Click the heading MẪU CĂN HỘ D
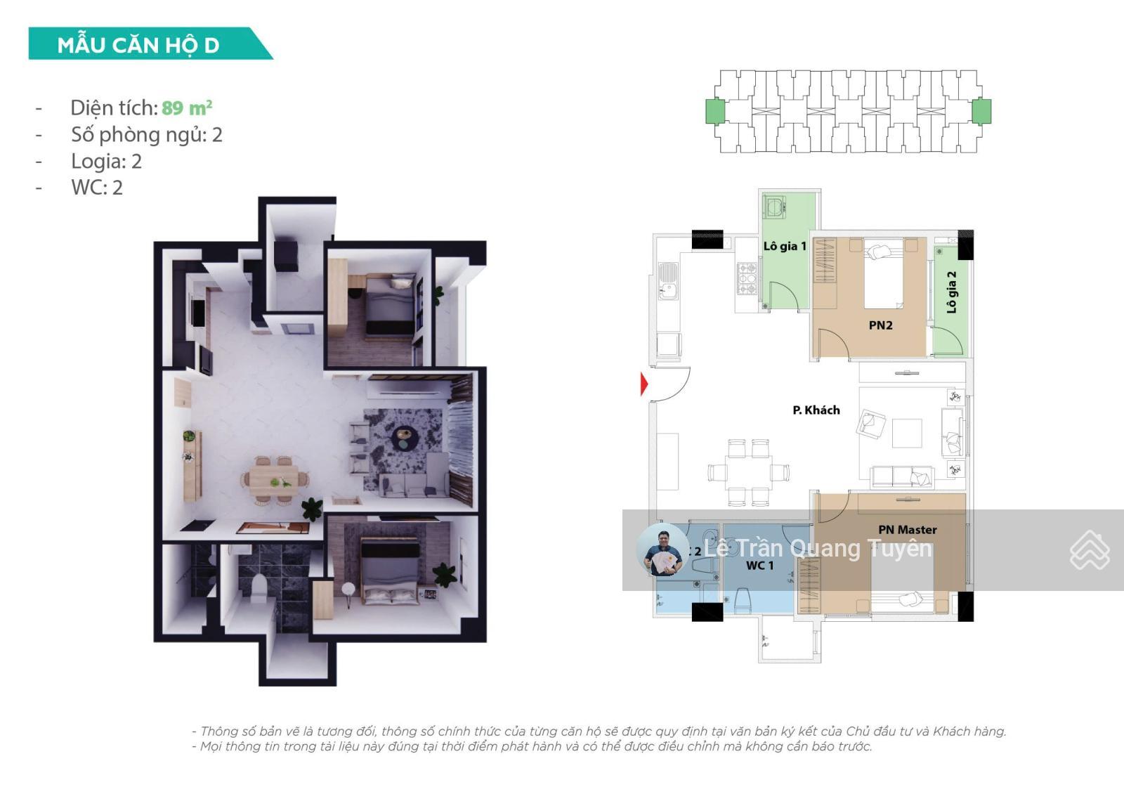click(x=138, y=45)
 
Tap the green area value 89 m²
click(x=187, y=108)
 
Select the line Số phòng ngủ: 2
click(x=146, y=134)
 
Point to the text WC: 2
click(x=97, y=188)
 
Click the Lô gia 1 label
click(x=785, y=246)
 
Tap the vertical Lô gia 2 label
click(x=951, y=292)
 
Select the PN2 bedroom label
click(x=880, y=325)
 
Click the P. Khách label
click(x=816, y=410)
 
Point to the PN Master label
click(x=907, y=529)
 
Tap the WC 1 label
click(x=759, y=565)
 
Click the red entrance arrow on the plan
click(x=644, y=384)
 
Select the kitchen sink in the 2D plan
click(x=667, y=280)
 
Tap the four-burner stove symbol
click(x=747, y=278)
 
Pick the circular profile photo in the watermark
click(x=662, y=549)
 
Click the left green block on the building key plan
click(x=715, y=111)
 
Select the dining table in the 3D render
click(x=274, y=479)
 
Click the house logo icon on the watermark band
click(x=1089, y=550)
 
